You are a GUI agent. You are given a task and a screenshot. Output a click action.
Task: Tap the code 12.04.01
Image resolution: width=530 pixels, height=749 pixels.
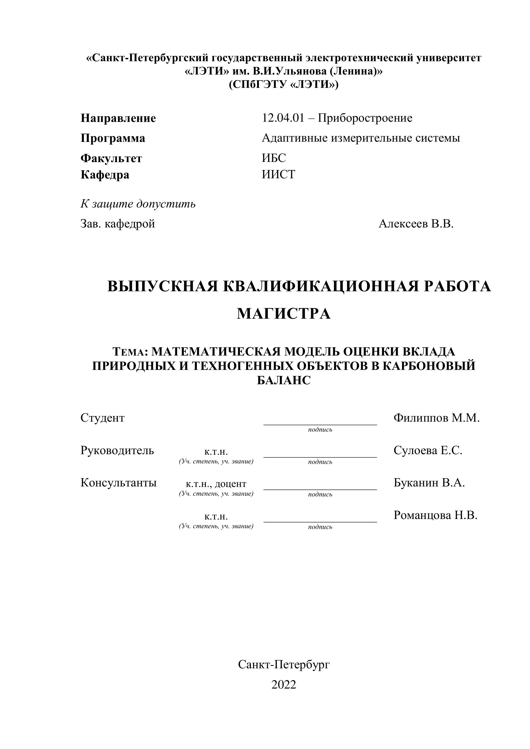click(x=283, y=118)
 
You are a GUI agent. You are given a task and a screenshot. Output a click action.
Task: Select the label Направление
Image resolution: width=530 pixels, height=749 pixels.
click(x=118, y=118)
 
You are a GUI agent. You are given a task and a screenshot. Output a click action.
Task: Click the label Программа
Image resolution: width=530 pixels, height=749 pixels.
click(x=113, y=138)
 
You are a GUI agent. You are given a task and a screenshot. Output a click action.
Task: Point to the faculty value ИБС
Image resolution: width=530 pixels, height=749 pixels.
click(x=273, y=158)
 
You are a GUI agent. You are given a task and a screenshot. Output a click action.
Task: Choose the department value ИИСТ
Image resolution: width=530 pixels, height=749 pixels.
click(x=278, y=174)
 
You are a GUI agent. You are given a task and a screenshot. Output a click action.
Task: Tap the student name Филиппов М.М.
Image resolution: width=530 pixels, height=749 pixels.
click(x=436, y=418)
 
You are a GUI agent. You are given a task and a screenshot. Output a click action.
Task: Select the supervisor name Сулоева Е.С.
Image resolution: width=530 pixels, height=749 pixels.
click(x=427, y=451)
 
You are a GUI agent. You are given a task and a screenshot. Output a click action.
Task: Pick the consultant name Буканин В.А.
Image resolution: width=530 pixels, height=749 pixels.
click(x=429, y=483)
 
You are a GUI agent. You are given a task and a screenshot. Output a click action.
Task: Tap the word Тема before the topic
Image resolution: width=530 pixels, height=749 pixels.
click(x=128, y=352)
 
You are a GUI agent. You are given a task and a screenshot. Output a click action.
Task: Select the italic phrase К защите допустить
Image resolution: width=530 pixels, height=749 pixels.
click(x=138, y=204)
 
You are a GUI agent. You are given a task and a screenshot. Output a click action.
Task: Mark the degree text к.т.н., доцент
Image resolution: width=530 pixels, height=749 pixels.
click(x=216, y=484)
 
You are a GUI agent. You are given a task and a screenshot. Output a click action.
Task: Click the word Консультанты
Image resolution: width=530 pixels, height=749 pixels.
click(x=118, y=483)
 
